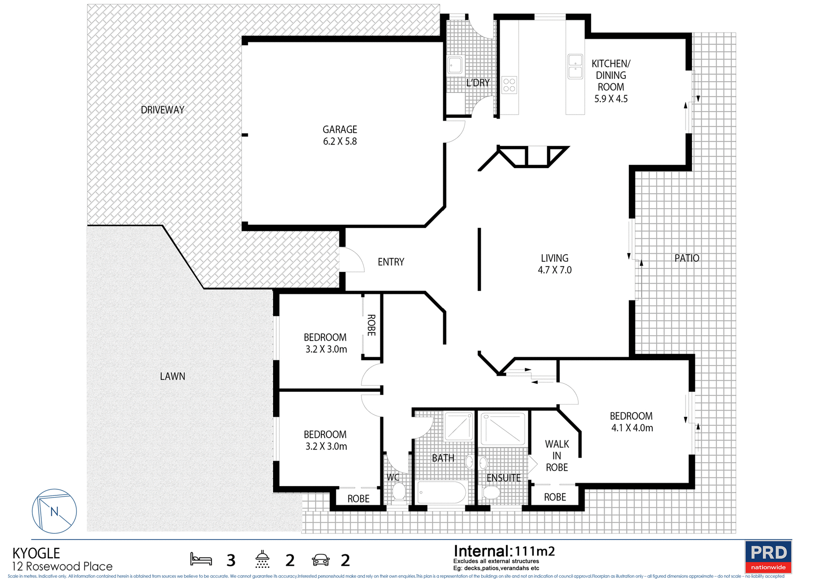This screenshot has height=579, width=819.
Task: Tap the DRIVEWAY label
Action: tap(163, 110)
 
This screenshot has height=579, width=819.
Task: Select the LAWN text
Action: tap(172, 376)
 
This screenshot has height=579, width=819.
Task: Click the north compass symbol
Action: tap(54, 511)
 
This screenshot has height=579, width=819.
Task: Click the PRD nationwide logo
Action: tap(768, 556)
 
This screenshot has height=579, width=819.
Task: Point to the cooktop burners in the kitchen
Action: tap(509, 85)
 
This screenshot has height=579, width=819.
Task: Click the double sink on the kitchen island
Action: tap(575, 67)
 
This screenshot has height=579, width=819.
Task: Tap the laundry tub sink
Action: tap(455, 66)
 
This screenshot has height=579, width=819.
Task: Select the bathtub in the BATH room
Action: tap(441, 492)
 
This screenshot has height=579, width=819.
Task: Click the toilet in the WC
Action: tap(399, 491)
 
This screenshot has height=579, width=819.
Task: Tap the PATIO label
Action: tap(687, 258)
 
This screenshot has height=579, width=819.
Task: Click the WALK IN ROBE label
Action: tap(557, 456)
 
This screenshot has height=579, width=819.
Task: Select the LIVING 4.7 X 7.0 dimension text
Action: tap(555, 270)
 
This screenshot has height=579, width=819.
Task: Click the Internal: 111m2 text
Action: tap(504, 551)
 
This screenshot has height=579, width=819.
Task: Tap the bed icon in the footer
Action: tap(201, 559)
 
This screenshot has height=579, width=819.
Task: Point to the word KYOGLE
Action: tap(36, 553)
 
